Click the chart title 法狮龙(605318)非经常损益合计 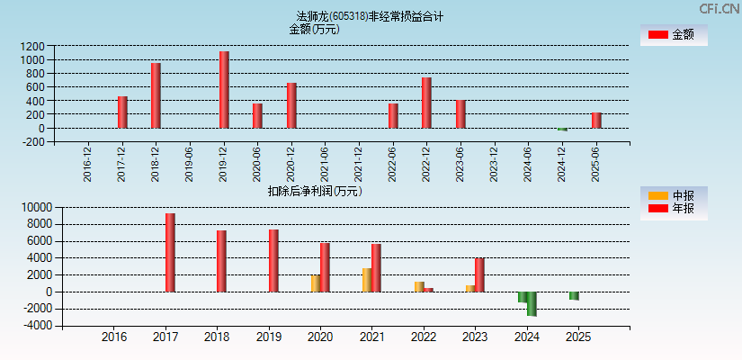point(370,16)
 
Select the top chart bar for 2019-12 point(224,90)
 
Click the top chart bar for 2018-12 point(156,95)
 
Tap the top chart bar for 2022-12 point(426,103)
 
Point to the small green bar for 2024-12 point(562,130)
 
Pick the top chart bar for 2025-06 point(596,121)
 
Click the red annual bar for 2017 point(170,253)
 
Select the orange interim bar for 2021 point(367,280)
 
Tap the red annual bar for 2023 point(479,275)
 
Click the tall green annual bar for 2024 point(532,304)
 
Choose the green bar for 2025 point(574,296)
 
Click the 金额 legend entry point(674,35)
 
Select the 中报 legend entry point(674,195)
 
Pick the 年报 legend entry point(674,209)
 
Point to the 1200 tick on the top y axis point(33,46)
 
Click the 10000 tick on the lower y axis point(32,207)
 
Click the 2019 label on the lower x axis point(269,337)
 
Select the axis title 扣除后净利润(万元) point(315,191)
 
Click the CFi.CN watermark point(720,9)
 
